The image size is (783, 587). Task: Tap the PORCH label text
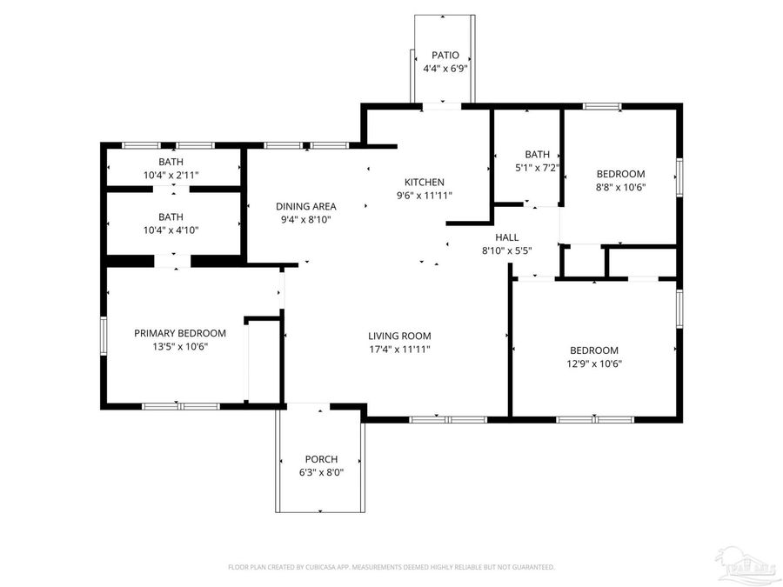tap(321, 459)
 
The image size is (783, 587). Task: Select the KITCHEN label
tap(424, 182)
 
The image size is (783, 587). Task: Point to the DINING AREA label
tap(306, 206)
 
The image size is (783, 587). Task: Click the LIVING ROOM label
tap(399, 336)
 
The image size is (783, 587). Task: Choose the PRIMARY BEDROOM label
tap(180, 333)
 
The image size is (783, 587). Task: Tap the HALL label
tap(507, 237)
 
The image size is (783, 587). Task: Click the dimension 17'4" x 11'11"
tap(399, 349)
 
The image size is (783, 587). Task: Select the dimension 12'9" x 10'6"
tap(595, 364)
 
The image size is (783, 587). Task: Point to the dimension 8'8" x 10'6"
tap(620, 186)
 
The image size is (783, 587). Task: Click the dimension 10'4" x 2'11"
tap(171, 175)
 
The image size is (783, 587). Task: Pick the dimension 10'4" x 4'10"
tap(171, 230)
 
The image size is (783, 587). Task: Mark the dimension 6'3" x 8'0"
tap(321, 472)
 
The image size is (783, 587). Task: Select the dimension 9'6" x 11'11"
tap(424, 195)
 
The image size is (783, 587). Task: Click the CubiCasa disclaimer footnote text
tap(391, 567)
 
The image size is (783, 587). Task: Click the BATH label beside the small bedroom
tap(535, 155)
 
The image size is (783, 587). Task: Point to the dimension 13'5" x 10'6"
tap(180, 346)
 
